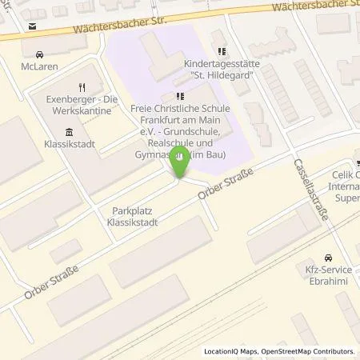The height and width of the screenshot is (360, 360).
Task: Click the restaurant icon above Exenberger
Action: pos(81,87)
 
